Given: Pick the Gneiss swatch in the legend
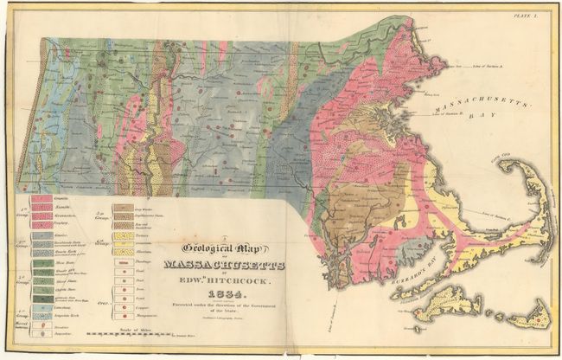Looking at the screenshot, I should click(x=42, y=235).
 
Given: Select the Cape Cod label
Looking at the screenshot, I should click(x=498, y=159).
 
